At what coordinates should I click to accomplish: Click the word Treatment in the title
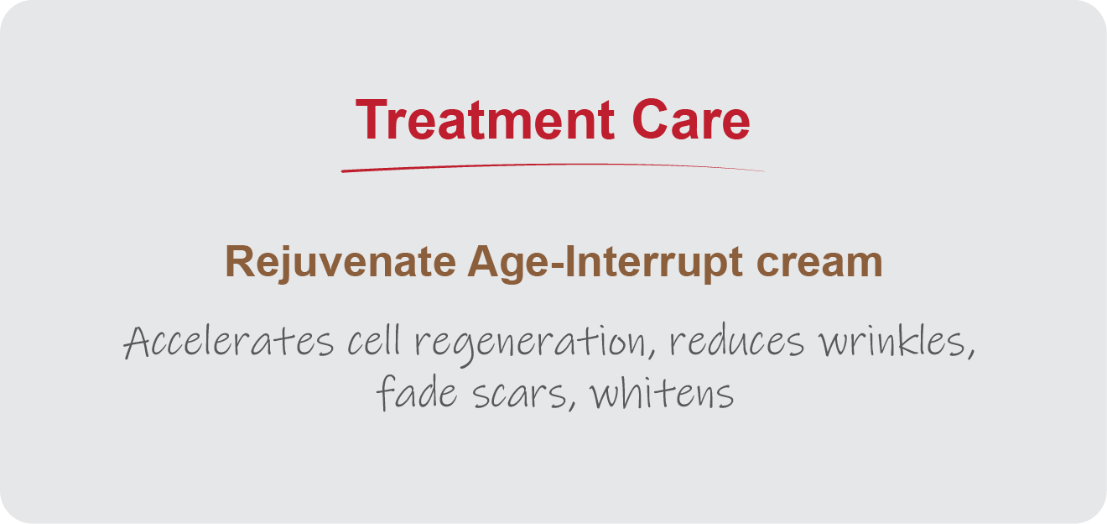(x=485, y=119)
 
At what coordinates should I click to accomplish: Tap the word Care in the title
(x=691, y=119)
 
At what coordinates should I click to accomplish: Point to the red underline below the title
(x=553, y=167)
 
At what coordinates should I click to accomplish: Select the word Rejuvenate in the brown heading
(x=340, y=263)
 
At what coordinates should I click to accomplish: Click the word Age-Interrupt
(x=605, y=263)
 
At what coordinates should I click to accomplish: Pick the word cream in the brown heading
(x=819, y=263)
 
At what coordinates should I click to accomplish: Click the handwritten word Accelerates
(x=228, y=341)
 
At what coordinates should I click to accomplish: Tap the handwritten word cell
(x=374, y=341)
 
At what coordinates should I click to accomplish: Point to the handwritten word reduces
(x=737, y=341)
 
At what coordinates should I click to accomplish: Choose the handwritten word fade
(x=417, y=392)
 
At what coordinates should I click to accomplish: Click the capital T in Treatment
(x=372, y=119)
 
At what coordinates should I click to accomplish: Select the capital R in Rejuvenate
(x=240, y=261)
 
